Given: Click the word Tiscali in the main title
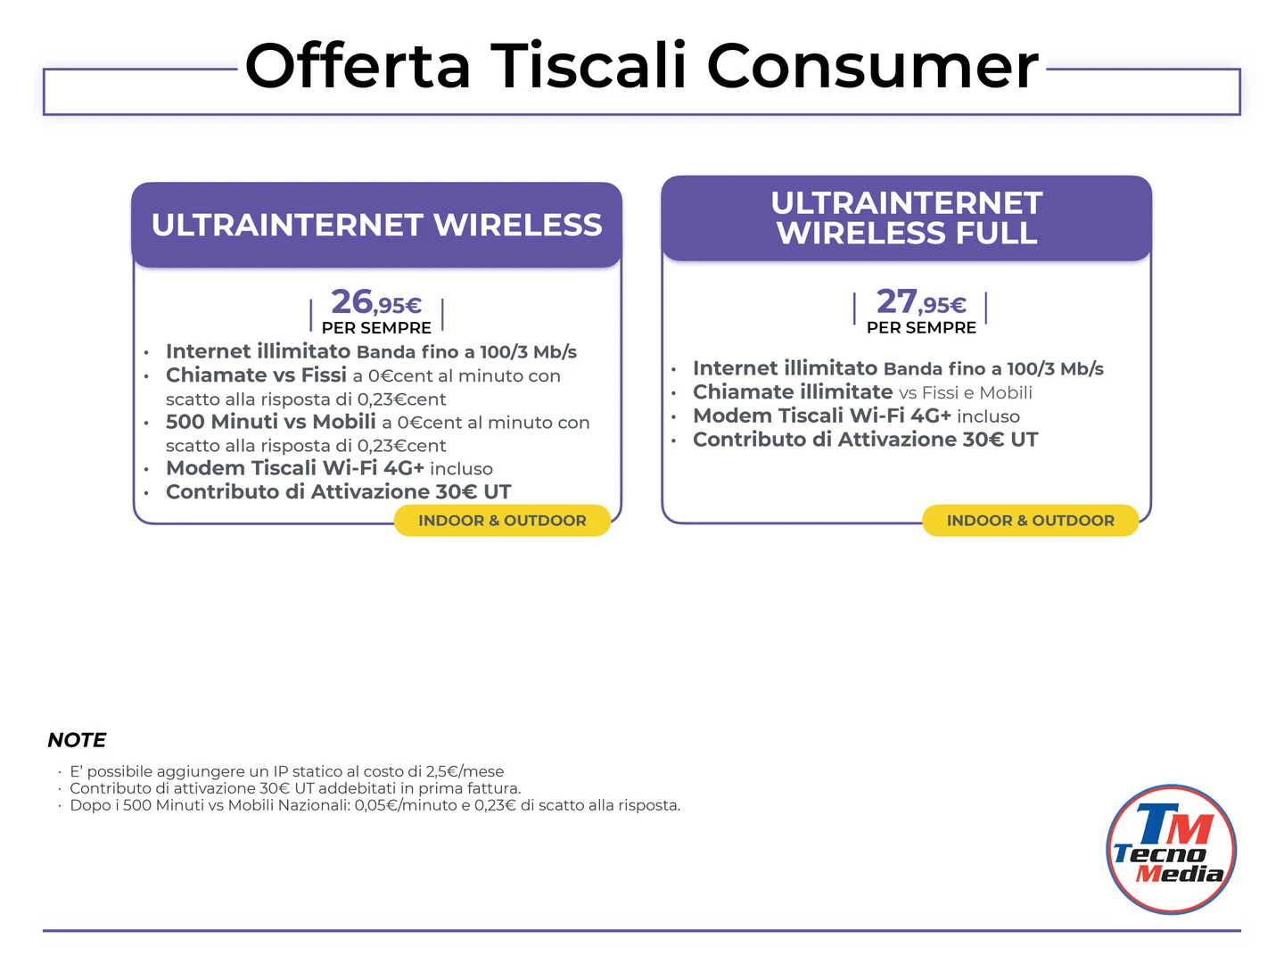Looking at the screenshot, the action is tap(588, 65).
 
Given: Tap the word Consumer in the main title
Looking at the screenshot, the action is tap(872, 65).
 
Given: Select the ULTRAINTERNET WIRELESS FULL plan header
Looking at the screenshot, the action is tap(906, 218).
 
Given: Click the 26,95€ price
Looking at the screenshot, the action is tap(376, 302).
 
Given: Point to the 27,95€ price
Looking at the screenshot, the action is tap(921, 302).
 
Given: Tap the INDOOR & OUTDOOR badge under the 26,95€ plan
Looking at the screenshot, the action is tap(502, 521).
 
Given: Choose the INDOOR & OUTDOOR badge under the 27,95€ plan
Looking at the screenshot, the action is tap(1030, 521).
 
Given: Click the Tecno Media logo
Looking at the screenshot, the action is tap(1171, 849).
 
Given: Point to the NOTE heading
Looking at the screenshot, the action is tap(77, 740).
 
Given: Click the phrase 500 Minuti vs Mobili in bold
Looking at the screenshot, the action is tap(271, 422).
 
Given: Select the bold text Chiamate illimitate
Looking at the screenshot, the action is tap(793, 391).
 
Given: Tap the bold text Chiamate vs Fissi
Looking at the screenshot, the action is tap(256, 374).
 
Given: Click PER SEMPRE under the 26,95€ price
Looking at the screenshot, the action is tap(376, 328).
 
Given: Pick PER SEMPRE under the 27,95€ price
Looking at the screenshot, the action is tap(921, 327).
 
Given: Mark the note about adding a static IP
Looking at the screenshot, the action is tap(286, 772).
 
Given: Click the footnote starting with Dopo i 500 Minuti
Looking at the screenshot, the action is tap(375, 806).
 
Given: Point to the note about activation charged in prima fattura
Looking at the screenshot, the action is tap(295, 789).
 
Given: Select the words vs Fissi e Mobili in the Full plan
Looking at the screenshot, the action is tap(965, 393).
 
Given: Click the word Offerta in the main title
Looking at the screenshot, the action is tap(358, 65).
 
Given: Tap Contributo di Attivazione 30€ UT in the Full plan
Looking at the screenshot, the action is tap(865, 440).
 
